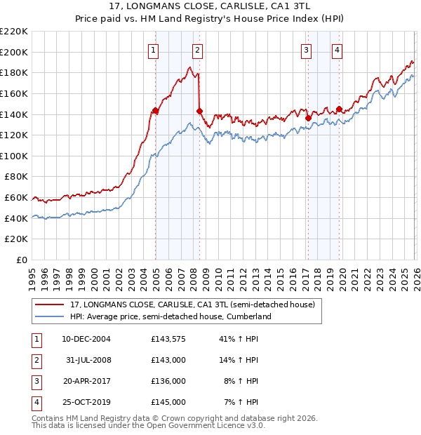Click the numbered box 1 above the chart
click(153, 50)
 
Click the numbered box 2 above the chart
click(198, 50)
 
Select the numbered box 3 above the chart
click(307, 50)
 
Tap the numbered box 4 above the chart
click(338, 50)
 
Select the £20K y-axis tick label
click(16, 239)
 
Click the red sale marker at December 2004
click(155, 111)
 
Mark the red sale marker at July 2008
click(200, 111)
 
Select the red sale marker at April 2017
click(308, 119)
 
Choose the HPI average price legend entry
click(170, 317)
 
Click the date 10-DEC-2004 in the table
click(86, 339)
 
